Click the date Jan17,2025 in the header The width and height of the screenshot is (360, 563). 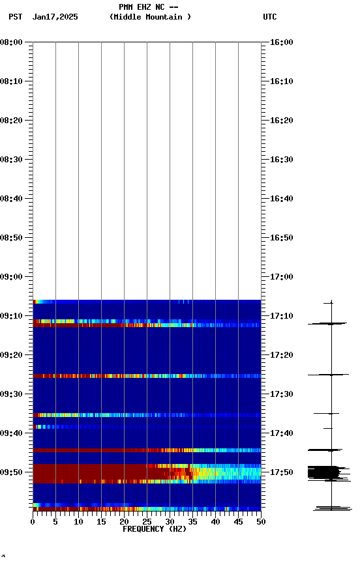pyautogui.click(x=55, y=17)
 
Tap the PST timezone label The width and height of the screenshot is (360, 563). pyautogui.click(x=16, y=17)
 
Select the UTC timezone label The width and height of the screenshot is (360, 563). pyautogui.click(x=269, y=17)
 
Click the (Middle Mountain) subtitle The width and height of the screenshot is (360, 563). pyautogui.click(x=150, y=17)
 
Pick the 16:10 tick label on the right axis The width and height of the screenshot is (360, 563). pyautogui.click(x=282, y=81)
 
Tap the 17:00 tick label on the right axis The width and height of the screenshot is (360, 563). pyautogui.click(x=282, y=277)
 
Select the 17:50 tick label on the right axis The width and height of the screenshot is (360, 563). pyautogui.click(x=282, y=472)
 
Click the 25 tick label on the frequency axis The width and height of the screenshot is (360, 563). pyautogui.click(x=147, y=521)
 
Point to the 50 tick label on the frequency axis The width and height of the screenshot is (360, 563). pyautogui.click(x=261, y=521)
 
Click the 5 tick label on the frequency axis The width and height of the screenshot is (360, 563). pyautogui.click(x=55, y=521)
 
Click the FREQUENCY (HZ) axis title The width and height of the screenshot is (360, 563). pyautogui.click(x=154, y=529)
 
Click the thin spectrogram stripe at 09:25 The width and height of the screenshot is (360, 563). pyautogui.click(x=147, y=376)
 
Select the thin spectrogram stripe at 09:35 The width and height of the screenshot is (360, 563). pyautogui.click(x=147, y=415)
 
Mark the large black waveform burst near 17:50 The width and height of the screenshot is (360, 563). pyautogui.click(x=324, y=472)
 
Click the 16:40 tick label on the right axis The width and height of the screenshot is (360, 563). pyautogui.click(x=282, y=199)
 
